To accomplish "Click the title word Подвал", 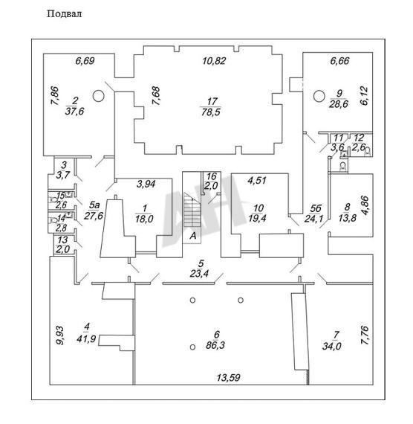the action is [x=65, y=14].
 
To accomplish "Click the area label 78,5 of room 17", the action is [x=211, y=112].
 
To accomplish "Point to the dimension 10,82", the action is [x=214, y=61].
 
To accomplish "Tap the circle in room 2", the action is [x=98, y=96].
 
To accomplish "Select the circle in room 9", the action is [x=319, y=96].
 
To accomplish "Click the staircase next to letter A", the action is [x=192, y=210].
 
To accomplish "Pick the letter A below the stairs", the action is [x=193, y=236].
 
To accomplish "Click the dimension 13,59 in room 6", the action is [x=228, y=377].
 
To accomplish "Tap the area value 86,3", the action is [x=215, y=346].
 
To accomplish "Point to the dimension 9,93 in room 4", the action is [x=60, y=335].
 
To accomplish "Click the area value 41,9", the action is [x=86, y=338].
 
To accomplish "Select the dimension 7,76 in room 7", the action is [x=365, y=335].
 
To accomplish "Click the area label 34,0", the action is [x=331, y=346].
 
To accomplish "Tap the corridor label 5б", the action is [x=316, y=208].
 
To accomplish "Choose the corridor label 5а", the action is [x=94, y=205].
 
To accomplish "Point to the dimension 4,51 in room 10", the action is [x=257, y=180].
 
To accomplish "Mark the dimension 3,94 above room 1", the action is [x=146, y=184].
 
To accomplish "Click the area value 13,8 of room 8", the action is [x=347, y=218].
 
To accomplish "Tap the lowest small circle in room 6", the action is [x=192, y=347].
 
